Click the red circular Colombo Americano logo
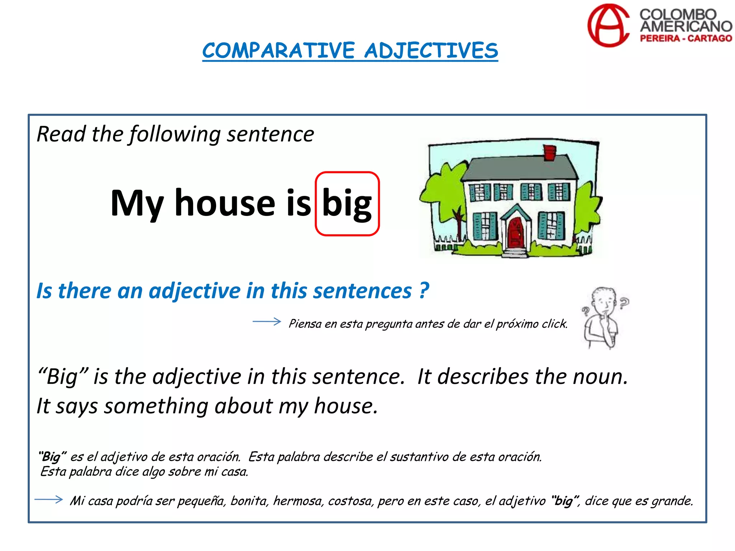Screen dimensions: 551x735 click(608, 26)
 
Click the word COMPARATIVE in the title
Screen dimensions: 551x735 click(278, 51)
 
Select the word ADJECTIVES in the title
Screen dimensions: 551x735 click(431, 51)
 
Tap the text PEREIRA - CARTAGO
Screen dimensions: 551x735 click(686, 38)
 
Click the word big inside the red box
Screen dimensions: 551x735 click(347, 204)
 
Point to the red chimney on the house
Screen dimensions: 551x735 click(549, 153)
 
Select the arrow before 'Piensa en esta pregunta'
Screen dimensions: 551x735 click(267, 321)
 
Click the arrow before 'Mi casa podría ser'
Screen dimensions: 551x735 click(49, 499)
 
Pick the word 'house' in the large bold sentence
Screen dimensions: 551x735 click(225, 203)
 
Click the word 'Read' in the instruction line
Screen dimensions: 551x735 click(61, 134)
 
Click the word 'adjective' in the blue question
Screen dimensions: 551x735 click(195, 291)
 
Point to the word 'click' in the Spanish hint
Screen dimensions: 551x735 click(554, 324)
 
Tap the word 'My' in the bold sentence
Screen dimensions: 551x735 click(137, 204)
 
